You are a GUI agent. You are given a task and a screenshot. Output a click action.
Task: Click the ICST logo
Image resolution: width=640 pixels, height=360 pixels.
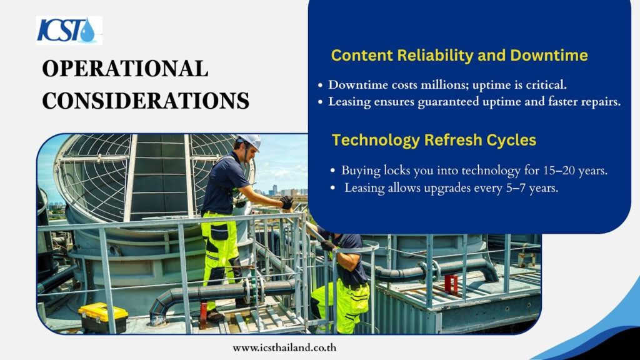[69, 30]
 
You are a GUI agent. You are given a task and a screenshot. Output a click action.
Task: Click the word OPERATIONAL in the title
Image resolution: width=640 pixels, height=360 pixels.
[125, 69]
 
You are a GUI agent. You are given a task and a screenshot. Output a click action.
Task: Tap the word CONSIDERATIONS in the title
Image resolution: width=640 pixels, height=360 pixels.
[146, 101]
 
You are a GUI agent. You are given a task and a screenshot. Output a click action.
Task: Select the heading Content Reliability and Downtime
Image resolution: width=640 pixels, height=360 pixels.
[459, 55]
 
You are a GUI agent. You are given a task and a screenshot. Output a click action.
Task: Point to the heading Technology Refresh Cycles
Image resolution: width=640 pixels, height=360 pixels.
[434, 140]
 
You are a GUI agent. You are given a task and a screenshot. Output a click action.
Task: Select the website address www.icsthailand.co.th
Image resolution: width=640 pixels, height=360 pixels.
[284, 347]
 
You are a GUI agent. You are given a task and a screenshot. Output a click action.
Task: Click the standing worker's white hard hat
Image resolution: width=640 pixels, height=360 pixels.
[250, 141]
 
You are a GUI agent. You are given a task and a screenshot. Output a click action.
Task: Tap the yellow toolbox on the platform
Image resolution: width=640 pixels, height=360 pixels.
[103, 317]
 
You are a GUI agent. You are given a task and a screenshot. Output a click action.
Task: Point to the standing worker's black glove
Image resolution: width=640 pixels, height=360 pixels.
[286, 202]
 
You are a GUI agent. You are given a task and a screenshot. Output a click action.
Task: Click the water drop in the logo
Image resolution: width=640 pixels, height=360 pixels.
[87, 31]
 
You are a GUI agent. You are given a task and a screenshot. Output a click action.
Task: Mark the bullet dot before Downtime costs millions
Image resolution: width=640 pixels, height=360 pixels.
[321, 85]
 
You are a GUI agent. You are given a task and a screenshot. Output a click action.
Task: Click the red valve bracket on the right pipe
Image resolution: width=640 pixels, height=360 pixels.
[451, 284]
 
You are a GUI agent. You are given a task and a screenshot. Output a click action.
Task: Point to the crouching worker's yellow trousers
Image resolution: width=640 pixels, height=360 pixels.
[343, 304]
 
